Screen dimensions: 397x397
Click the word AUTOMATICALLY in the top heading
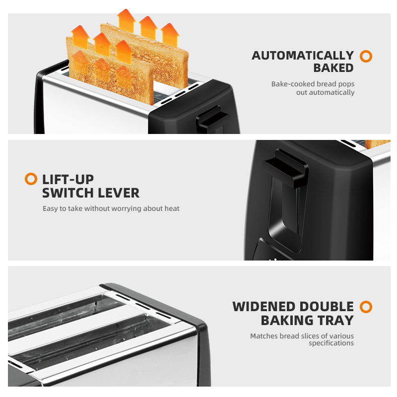click(303, 56)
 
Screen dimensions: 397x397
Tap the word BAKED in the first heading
click(333, 68)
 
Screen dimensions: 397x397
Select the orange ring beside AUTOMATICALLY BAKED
click(366, 56)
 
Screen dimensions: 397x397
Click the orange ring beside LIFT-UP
click(31, 179)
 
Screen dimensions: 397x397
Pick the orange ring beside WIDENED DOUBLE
click(366, 307)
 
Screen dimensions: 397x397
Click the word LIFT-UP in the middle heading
click(68, 180)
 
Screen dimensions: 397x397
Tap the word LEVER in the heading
click(119, 193)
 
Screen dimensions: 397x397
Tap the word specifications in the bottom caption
click(331, 343)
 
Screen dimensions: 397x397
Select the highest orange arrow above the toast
click(126, 21)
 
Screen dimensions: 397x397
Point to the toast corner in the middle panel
click(377, 144)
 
